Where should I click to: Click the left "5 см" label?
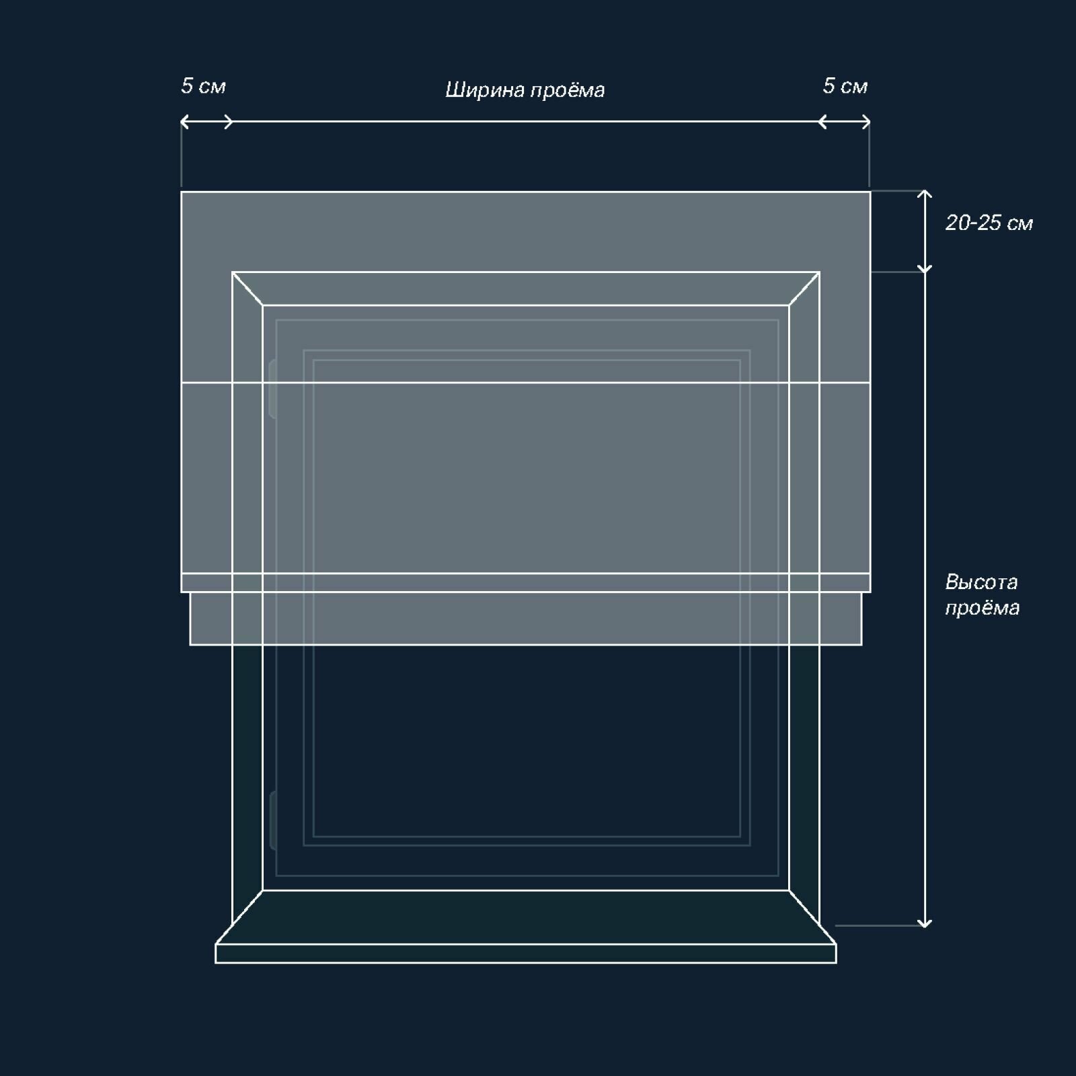[203, 86]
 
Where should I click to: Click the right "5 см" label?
[845, 86]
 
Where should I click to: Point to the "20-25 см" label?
[989, 223]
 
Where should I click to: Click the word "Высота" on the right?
[981, 582]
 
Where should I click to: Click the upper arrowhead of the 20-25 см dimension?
[925, 195]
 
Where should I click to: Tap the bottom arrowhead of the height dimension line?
[925, 923]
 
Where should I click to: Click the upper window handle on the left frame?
[272, 389]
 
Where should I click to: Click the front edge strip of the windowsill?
[525, 954]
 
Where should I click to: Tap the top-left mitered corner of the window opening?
[247, 289]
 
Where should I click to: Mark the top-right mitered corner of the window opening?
[804, 289]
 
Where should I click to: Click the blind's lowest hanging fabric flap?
[525, 619]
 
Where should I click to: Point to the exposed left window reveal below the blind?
[247, 773]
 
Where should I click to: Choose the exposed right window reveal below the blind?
[804, 773]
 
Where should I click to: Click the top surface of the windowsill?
[525, 917]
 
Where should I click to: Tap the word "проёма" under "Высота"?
[982, 608]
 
